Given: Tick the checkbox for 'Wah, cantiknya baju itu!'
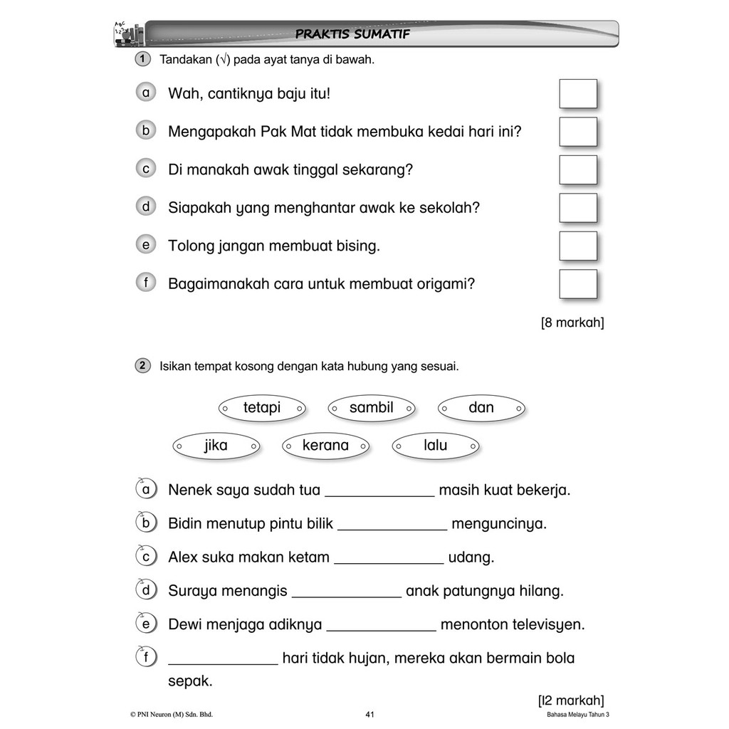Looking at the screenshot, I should [577, 94].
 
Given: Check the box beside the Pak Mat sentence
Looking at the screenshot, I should [577, 132].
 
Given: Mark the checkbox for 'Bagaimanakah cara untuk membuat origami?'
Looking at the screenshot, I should [577, 283].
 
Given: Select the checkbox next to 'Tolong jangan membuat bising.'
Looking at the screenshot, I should [577, 246].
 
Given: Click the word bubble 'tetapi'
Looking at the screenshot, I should [262, 408].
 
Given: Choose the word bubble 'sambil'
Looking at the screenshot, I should [371, 408].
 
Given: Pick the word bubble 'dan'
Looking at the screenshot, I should [481, 408].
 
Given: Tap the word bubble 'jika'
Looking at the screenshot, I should [216, 446].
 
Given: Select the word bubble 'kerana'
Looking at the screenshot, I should [325, 446].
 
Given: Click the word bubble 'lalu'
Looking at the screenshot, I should [435, 446].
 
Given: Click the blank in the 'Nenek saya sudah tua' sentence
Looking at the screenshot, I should [379, 491].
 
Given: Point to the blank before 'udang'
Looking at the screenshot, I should [389, 558].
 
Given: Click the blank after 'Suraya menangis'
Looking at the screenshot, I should [347, 592].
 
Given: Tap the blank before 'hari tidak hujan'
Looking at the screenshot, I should [223, 659].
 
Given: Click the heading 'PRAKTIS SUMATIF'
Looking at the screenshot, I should [352, 34].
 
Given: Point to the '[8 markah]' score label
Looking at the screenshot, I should [572, 322].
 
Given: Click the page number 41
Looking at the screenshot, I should [369, 715].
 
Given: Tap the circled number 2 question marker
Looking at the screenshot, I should [142, 366].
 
